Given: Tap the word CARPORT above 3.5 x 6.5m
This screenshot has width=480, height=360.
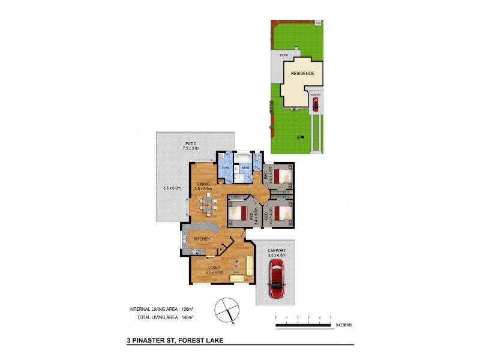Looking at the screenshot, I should pyautogui.click(x=277, y=250).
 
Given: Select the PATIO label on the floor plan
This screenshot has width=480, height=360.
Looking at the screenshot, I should pyautogui.click(x=190, y=143).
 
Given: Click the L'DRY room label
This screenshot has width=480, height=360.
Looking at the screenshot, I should pyautogui.click(x=226, y=167).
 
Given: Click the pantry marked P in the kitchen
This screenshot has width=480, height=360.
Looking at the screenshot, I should pyautogui.click(x=220, y=249).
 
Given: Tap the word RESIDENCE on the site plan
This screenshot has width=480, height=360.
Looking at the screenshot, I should pyautogui.click(x=302, y=73).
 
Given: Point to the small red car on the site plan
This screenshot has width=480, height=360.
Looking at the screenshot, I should pyautogui.click(x=315, y=105).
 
